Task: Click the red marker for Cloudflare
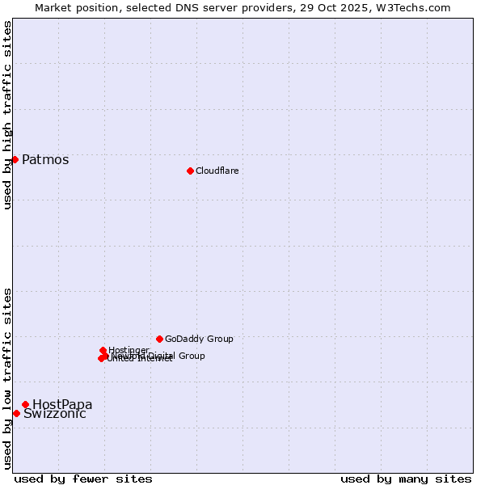pyautogui.click(x=190, y=171)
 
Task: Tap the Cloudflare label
pyautogui.click(x=217, y=171)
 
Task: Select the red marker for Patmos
pyautogui.click(x=15, y=159)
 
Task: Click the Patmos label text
pyautogui.click(x=45, y=159)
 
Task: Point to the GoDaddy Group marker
pyautogui.click(x=159, y=339)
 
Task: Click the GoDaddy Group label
pyautogui.click(x=199, y=339)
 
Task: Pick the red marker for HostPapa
pyautogui.click(x=26, y=404)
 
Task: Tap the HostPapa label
pyautogui.click(x=62, y=404)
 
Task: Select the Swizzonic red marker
pyautogui.click(x=16, y=413)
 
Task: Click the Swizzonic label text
pyautogui.click(x=54, y=414)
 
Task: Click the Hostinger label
pyautogui.click(x=129, y=350)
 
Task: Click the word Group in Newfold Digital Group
pyautogui.click(x=192, y=356)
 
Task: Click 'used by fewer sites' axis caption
pyautogui.click(x=83, y=479)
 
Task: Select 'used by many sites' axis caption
pyautogui.click(x=406, y=479)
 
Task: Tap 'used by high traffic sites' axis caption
pyautogui.click(x=7, y=115)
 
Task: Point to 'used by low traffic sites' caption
pyautogui.click(x=7, y=378)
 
